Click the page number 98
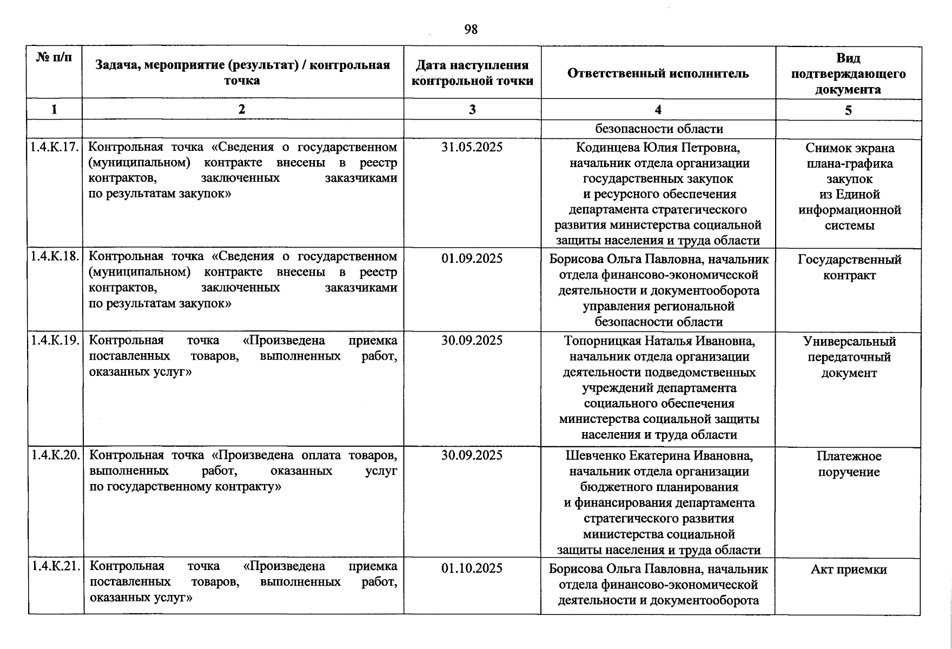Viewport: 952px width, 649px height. [x=471, y=30]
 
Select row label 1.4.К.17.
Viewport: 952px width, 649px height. [x=55, y=147]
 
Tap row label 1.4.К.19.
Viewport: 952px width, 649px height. [x=55, y=340]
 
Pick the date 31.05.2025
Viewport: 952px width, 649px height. [x=472, y=147]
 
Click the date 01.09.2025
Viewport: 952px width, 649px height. [x=472, y=258]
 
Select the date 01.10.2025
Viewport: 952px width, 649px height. [x=472, y=568]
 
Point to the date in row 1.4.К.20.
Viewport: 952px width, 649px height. [x=472, y=455]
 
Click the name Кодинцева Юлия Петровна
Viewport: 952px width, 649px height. [x=658, y=148]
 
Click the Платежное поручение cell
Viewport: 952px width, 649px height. [x=849, y=464]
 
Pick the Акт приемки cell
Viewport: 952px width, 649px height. [x=849, y=569]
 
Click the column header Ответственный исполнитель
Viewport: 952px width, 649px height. [x=658, y=74]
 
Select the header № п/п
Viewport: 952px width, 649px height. [x=54, y=57]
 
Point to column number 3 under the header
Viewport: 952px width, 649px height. [x=472, y=110]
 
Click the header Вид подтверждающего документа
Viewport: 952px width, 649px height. [x=848, y=74]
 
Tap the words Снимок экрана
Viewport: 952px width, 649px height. [x=849, y=148]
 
